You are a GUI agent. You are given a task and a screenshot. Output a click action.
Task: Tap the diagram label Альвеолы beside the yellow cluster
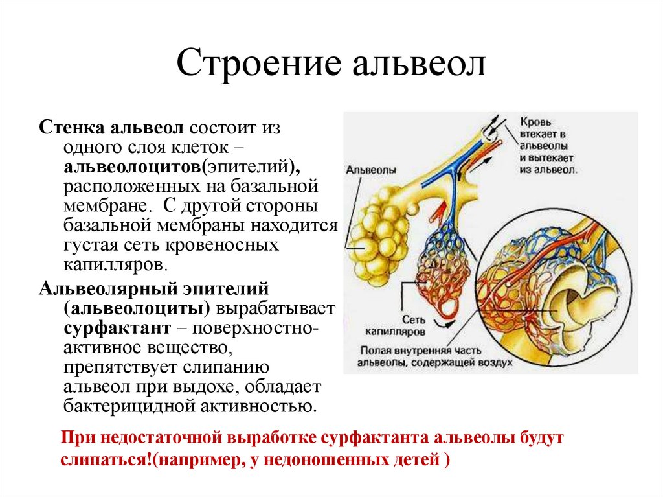(370, 168)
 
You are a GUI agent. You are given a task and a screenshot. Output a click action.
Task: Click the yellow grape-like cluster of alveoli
(379, 233)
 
